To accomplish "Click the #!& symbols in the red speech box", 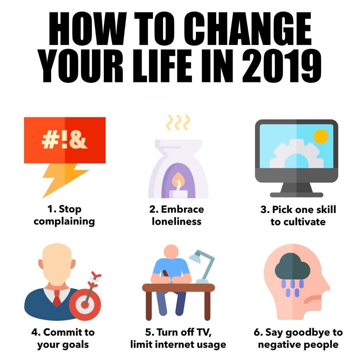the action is (65, 140).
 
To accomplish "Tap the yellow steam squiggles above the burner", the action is (178, 122).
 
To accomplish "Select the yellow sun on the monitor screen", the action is (321, 136).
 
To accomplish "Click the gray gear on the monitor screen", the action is (296, 153).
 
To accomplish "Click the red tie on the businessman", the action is (57, 298).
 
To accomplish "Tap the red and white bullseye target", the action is (85, 305).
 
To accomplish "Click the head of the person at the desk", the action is (171, 252).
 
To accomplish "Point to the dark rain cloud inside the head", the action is (293, 266).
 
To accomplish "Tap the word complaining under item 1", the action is (64, 222).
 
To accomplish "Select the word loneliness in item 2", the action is (177, 222).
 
